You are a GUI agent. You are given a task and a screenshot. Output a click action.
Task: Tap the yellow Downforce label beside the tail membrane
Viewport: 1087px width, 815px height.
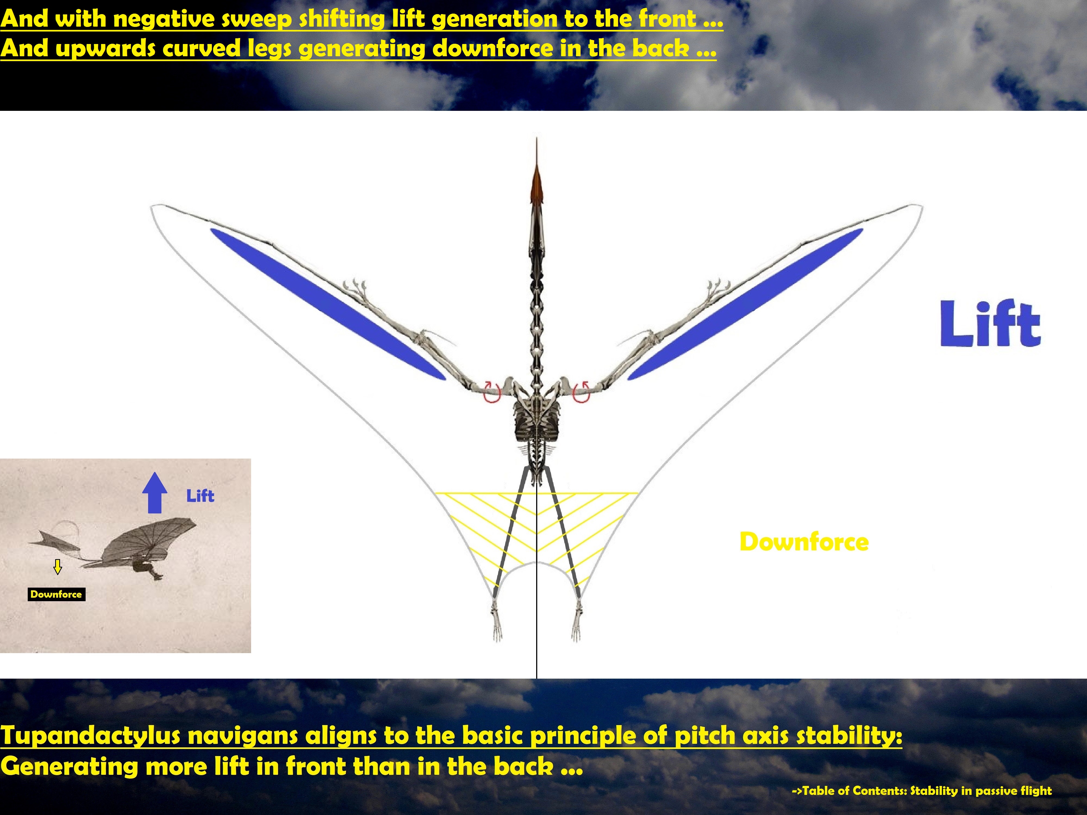804,542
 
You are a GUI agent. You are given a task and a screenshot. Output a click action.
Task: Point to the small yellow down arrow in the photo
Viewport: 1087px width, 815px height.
58,566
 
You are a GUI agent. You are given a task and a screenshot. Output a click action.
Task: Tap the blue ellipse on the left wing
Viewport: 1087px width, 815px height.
328,304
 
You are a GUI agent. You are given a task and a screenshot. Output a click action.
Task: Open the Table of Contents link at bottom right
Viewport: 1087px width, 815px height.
922,791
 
